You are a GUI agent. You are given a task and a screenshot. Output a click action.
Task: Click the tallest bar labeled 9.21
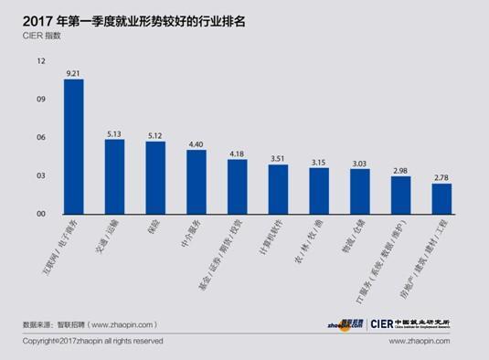(73, 147)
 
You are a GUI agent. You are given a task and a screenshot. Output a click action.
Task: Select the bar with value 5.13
(114, 177)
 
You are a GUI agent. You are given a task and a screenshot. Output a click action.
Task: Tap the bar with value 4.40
(197, 183)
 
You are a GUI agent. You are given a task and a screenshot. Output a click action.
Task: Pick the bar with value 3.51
(278, 189)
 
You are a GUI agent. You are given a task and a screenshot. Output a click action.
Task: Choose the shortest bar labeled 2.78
(442, 199)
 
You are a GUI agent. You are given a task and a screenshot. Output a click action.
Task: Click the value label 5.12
(155, 134)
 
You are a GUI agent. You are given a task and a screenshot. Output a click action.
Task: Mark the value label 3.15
(319, 162)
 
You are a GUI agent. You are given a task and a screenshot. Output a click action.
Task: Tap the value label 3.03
(360, 164)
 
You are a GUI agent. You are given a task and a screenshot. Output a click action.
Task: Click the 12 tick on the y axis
(41, 61)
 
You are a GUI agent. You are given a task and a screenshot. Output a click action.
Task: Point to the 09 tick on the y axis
(41, 100)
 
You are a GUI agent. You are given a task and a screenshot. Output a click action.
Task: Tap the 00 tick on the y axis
(41, 215)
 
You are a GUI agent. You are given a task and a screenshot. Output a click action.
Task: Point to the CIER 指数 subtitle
(46, 36)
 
